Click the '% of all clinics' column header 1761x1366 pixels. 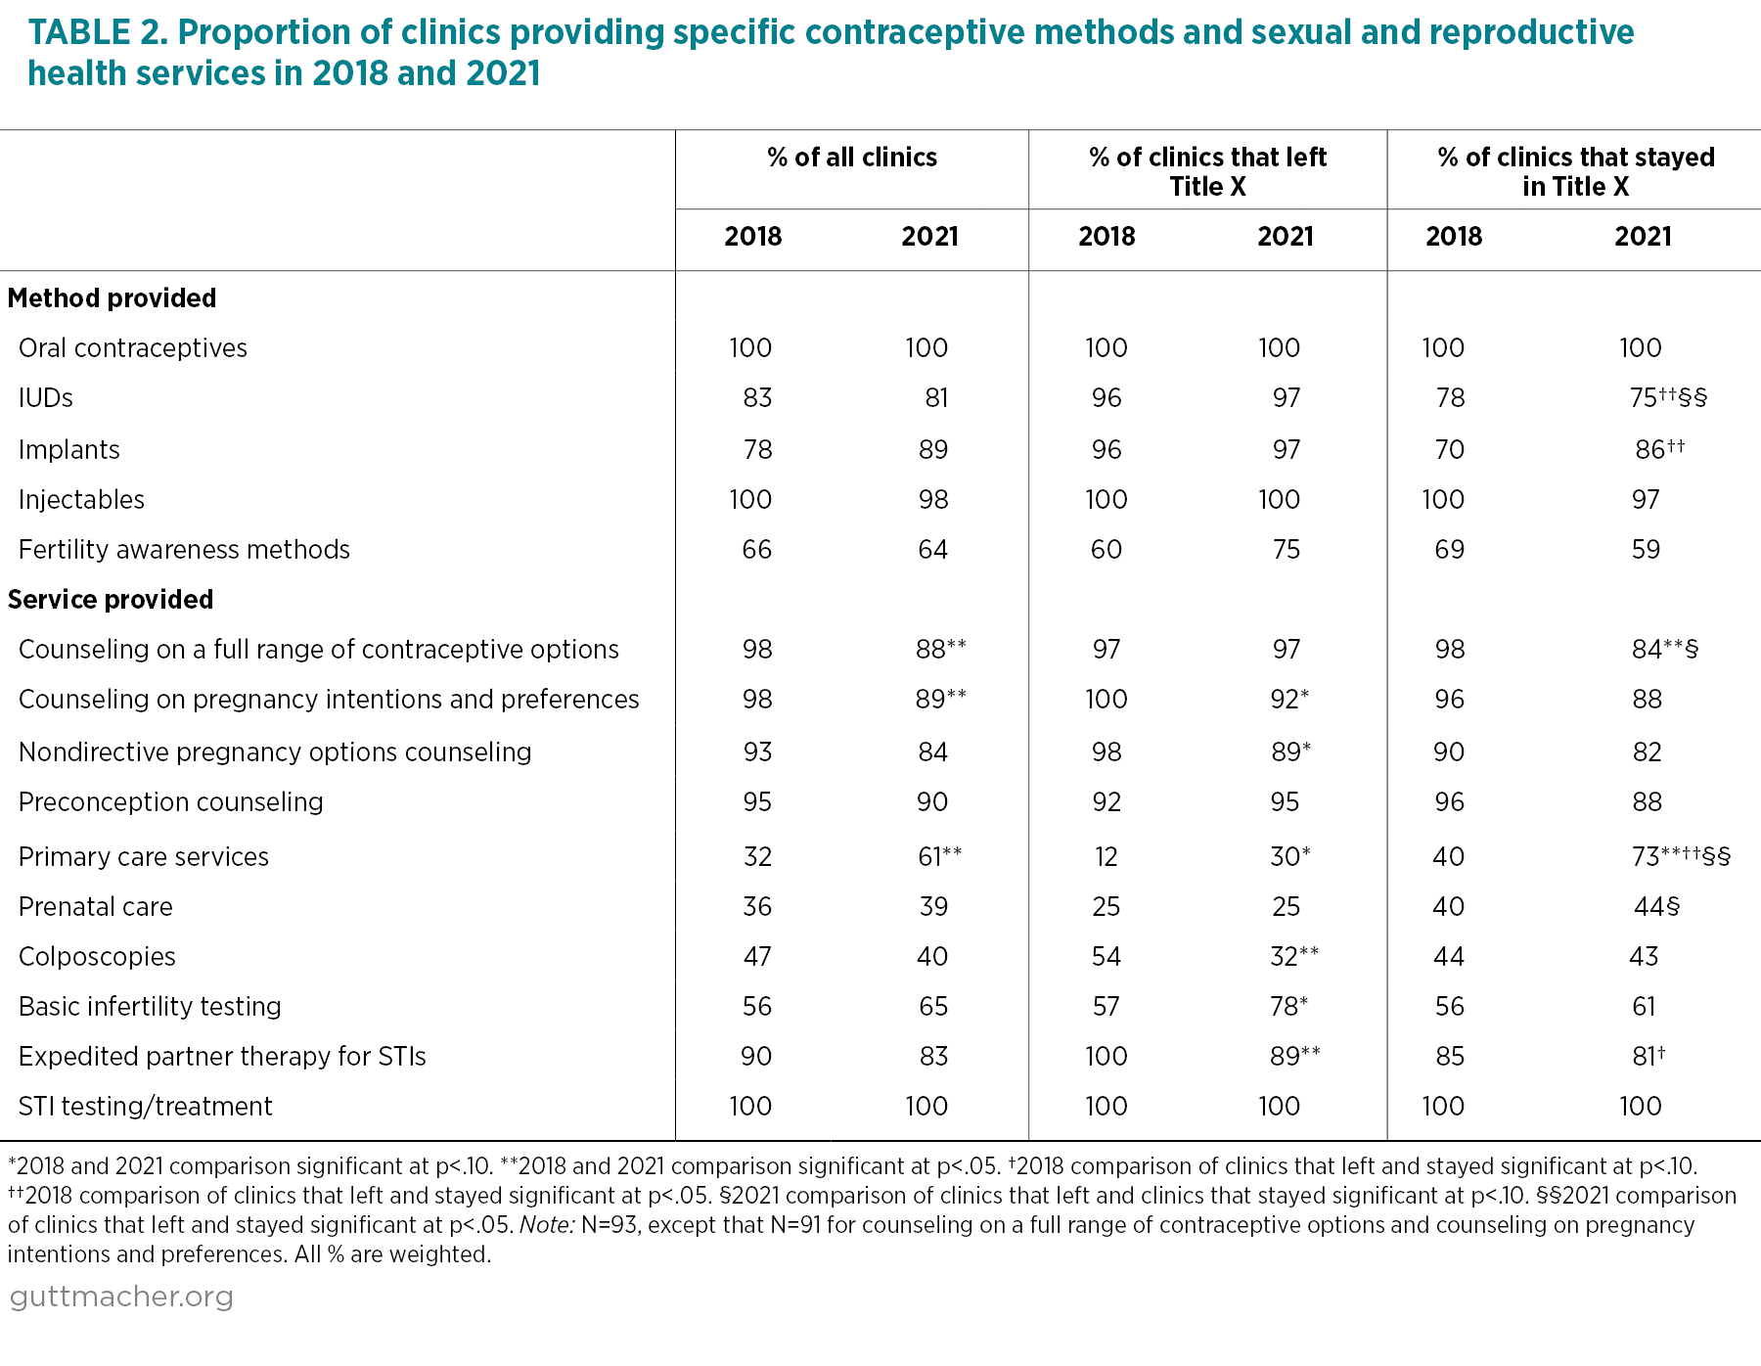[852, 158]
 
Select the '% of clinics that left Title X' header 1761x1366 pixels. [1208, 171]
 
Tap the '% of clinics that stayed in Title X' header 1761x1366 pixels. [1576, 171]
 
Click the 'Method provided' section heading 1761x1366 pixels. [113, 298]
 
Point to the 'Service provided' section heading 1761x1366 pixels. [111, 600]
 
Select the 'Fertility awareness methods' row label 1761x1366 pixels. [184, 550]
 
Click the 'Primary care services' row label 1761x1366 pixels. [144, 857]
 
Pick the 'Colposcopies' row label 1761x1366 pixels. [97, 957]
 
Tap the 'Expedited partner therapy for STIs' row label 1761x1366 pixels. [222, 1057]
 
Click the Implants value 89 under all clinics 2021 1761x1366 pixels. [933, 450]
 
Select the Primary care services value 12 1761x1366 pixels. [1106, 857]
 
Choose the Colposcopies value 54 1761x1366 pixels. [1106, 957]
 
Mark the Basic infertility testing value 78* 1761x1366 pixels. [1288, 1007]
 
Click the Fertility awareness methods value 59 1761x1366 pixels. [1646, 550]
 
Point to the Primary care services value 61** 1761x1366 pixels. [939, 857]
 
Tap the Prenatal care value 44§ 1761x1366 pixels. [1656, 907]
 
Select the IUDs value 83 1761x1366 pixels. [757, 398]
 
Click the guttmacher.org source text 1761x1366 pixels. [121, 1297]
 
